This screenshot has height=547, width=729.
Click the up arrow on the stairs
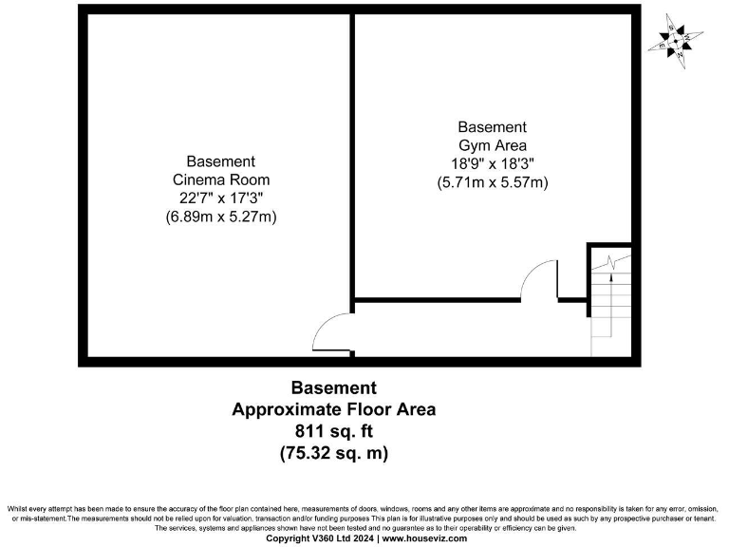pyautogui.click(x=610, y=275)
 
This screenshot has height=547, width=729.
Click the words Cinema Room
pyautogui.click(x=221, y=179)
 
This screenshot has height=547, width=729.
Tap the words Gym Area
pyautogui.click(x=492, y=145)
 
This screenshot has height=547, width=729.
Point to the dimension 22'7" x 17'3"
pyautogui.click(x=221, y=198)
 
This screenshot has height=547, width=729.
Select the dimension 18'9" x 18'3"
pyautogui.click(x=492, y=163)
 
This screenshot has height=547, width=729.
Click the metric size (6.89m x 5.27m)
pyautogui.click(x=221, y=217)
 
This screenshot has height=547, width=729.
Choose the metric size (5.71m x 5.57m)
pyautogui.click(x=492, y=181)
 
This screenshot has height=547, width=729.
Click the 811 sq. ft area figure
pyautogui.click(x=334, y=432)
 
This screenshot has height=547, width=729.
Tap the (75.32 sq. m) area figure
pyautogui.click(x=334, y=454)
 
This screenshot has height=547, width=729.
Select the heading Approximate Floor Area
pyautogui.click(x=334, y=410)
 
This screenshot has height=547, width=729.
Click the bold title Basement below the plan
pyautogui.click(x=334, y=387)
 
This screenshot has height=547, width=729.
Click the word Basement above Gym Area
pyautogui.click(x=492, y=127)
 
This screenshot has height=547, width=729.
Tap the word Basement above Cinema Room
pyautogui.click(x=221, y=161)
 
